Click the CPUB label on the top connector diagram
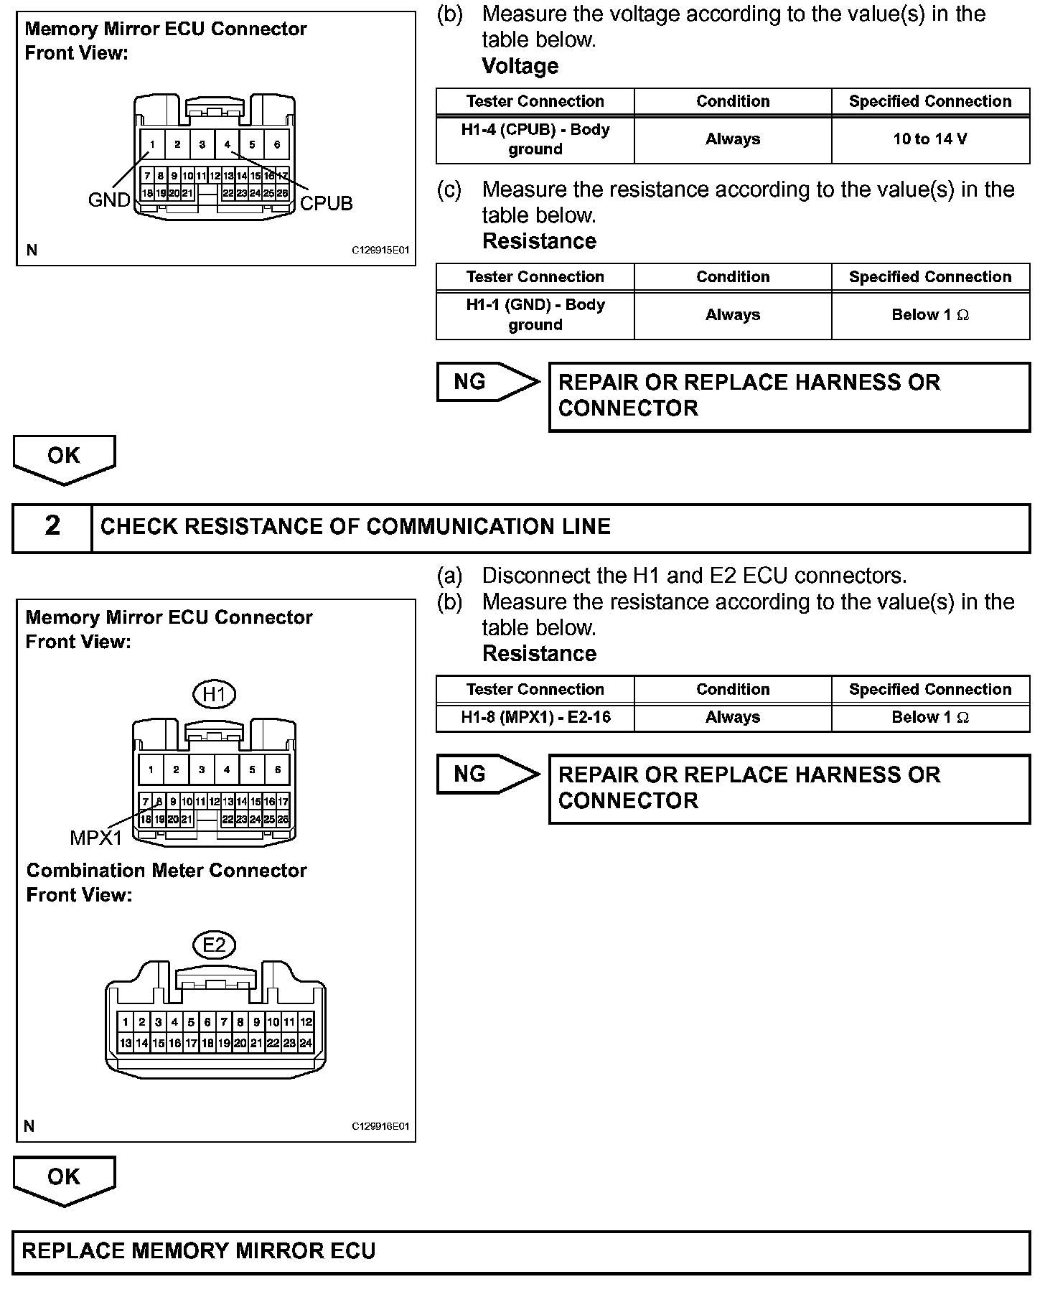coord(326,204)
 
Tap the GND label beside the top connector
coord(109,200)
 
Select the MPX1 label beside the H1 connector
coord(95,837)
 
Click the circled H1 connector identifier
coord(214,694)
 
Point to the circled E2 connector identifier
coord(214,945)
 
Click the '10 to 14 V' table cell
coord(930,139)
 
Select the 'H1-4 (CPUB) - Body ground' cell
coord(535,139)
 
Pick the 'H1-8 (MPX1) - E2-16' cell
coord(535,717)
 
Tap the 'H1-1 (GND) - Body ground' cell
coord(535,314)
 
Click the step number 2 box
coord(52,527)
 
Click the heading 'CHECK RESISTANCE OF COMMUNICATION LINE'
coord(355,527)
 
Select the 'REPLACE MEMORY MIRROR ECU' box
coord(521,1251)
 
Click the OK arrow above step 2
coord(64,458)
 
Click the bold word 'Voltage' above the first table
coord(520,66)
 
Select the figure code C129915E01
coord(380,251)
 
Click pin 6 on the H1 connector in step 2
coord(277,770)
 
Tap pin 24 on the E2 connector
coord(306,1044)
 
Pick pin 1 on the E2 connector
coord(126,1022)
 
